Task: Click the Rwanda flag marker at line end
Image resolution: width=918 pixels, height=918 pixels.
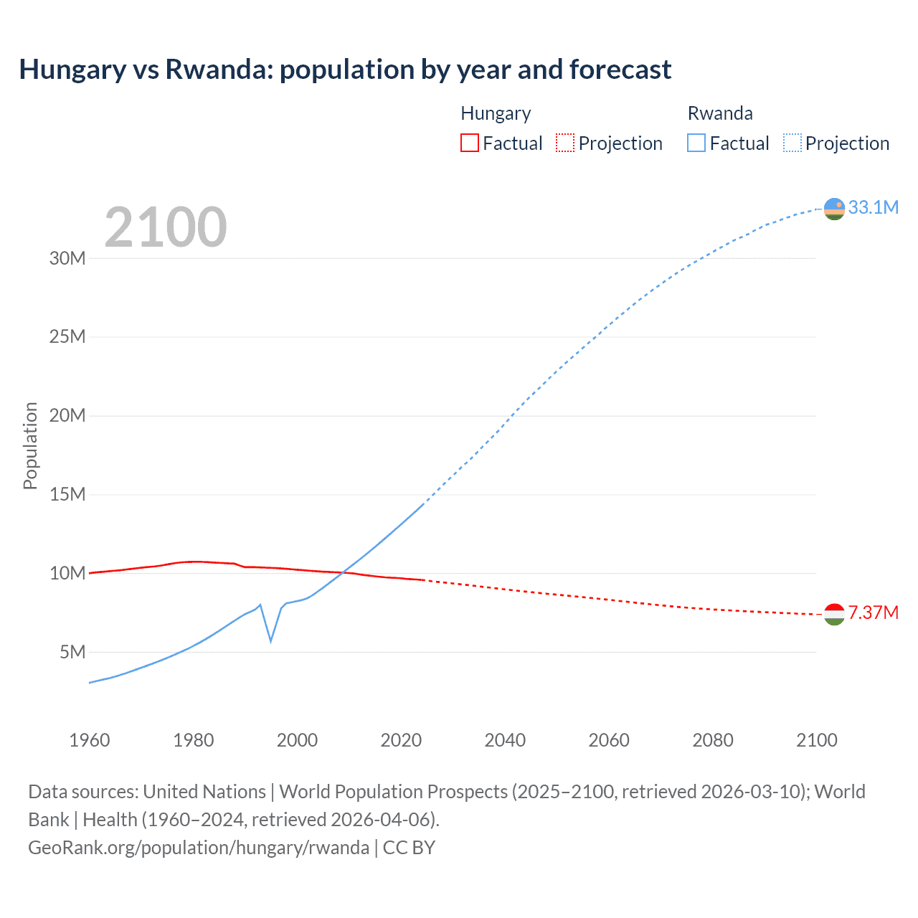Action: pos(834,209)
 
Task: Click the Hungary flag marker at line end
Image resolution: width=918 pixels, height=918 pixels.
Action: pos(834,614)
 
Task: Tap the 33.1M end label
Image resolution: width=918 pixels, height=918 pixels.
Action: pos(873,207)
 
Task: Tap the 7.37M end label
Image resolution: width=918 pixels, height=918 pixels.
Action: pos(873,612)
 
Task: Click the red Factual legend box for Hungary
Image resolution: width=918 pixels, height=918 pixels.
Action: pos(469,143)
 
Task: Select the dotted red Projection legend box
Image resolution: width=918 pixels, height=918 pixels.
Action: pos(565,143)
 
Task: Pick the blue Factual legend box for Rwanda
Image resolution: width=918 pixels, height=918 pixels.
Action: pos(696,143)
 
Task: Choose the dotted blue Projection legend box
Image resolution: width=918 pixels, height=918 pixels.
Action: pos(792,143)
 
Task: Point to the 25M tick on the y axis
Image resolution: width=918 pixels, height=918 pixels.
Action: pos(67,336)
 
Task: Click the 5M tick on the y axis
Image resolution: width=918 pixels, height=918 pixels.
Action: pos(72,652)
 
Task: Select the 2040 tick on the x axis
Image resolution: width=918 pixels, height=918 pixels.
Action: pos(505,740)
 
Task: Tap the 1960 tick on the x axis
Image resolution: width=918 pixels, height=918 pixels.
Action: pos(90,740)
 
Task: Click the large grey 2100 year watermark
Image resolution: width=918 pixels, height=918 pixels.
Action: pos(166,227)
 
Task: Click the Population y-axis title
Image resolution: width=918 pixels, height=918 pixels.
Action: pos(30,445)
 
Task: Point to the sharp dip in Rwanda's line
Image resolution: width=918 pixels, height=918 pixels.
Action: pos(270,640)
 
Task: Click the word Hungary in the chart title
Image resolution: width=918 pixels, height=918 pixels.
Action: pos(72,70)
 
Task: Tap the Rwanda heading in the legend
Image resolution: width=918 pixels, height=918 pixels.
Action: pos(720,113)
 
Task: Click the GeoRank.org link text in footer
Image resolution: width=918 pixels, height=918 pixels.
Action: pos(199,847)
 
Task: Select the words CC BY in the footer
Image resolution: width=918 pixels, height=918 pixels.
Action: pos(409,847)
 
